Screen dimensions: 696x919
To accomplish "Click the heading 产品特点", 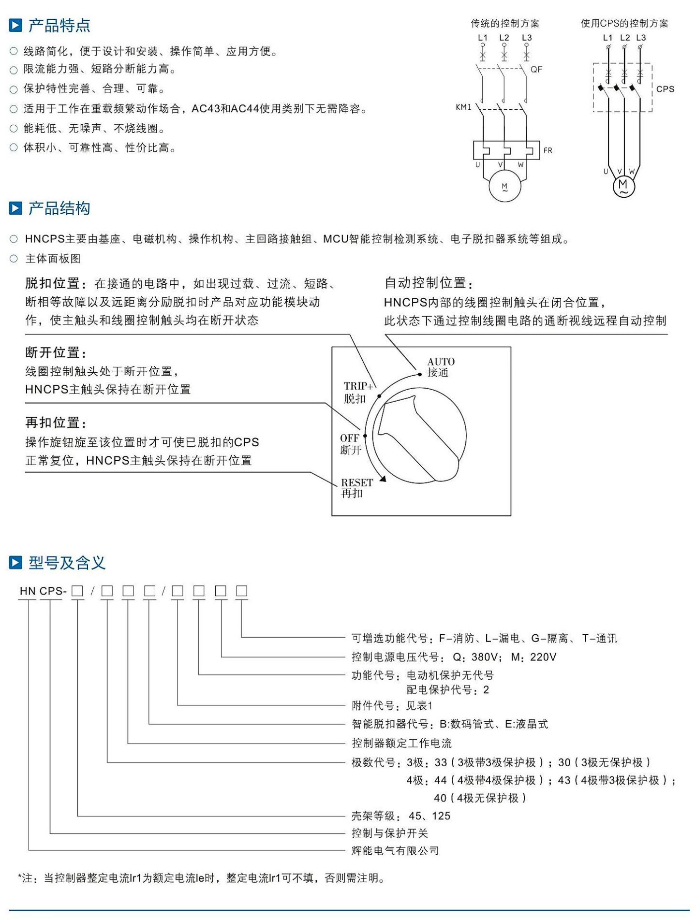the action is [x=59, y=26].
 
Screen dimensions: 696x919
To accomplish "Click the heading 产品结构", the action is [x=59, y=208].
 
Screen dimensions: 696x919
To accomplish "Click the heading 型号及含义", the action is [x=67, y=563].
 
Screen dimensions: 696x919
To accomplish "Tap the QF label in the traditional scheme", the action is [x=536, y=69].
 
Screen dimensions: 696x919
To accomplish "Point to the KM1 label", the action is [x=463, y=107].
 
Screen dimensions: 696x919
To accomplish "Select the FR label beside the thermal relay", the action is [x=548, y=150].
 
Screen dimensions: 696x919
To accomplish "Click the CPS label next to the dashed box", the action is [x=665, y=89].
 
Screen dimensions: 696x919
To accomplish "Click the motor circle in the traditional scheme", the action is [x=505, y=186].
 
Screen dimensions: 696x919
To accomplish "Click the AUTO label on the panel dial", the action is [x=441, y=362].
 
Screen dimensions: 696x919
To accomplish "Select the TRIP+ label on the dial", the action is [x=359, y=386].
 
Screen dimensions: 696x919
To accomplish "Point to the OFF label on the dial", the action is [x=350, y=438].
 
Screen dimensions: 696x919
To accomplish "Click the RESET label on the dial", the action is [x=357, y=482].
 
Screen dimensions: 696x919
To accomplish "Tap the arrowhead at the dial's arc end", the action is [x=383, y=479].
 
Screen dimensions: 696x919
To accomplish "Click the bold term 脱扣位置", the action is [x=52, y=283].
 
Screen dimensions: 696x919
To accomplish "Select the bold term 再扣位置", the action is [x=52, y=423].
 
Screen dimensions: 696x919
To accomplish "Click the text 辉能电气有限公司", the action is [x=395, y=850].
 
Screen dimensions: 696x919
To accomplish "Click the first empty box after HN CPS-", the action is [x=77, y=591].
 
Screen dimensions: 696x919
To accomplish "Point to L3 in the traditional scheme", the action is [x=527, y=38].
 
